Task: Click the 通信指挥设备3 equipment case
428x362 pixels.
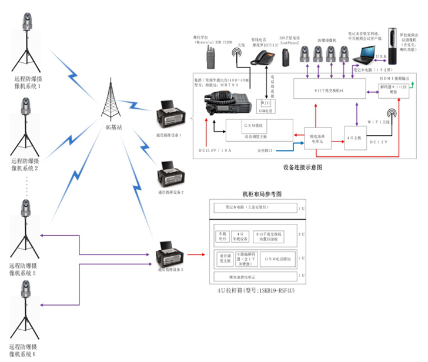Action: tap(170, 256)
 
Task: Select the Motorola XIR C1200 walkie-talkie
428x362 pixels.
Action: tap(210, 56)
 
